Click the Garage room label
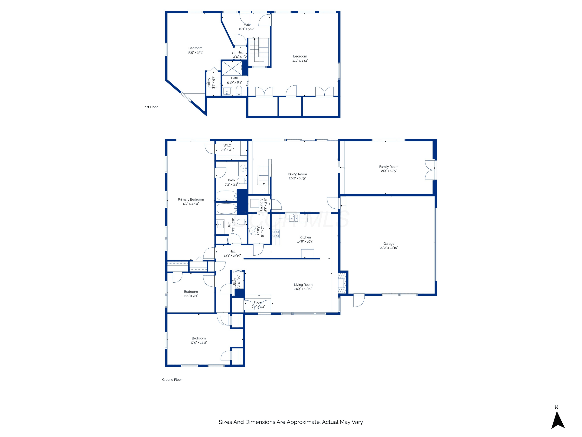point(389,244)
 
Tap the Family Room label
point(389,167)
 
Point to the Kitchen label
point(305,237)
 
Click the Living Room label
point(303,285)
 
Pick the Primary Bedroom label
point(191,199)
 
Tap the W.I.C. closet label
point(227,145)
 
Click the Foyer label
point(258,302)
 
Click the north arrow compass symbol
point(558,420)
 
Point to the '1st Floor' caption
point(151,107)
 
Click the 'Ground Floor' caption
point(172,380)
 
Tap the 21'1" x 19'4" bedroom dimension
point(300,61)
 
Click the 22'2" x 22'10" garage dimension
point(389,248)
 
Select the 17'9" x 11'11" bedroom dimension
point(199,342)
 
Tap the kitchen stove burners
point(276,234)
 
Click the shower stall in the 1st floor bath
point(232,68)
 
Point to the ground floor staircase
point(263,175)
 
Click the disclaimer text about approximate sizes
point(291,422)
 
